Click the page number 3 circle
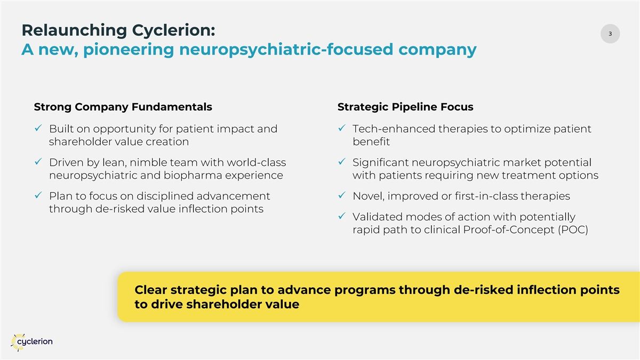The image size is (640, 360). [610, 34]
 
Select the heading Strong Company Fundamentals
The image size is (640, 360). [123, 107]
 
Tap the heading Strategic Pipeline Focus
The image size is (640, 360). [405, 107]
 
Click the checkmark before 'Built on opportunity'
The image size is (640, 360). [37, 130]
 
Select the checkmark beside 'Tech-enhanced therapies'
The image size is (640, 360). [341, 130]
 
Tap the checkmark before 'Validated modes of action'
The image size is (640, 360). [341, 217]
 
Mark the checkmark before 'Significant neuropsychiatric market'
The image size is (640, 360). [341, 163]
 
